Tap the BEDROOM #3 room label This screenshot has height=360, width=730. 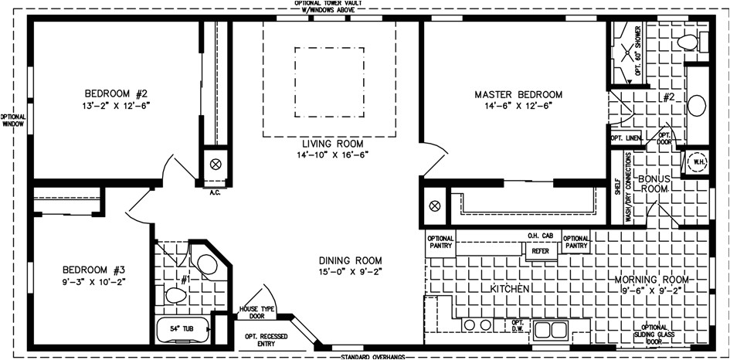click(x=93, y=270)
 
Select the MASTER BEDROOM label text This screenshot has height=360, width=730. click(x=518, y=94)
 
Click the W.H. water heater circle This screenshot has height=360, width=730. click(x=698, y=162)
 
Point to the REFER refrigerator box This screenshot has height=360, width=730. click(x=540, y=250)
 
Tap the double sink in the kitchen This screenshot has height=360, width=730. click(x=550, y=330)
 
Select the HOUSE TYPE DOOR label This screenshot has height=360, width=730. click(x=253, y=312)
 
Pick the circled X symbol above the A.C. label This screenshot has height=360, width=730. click(x=216, y=164)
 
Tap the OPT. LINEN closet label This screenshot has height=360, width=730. click(x=626, y=138)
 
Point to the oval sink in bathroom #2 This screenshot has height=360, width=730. click(x=698, y=104)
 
